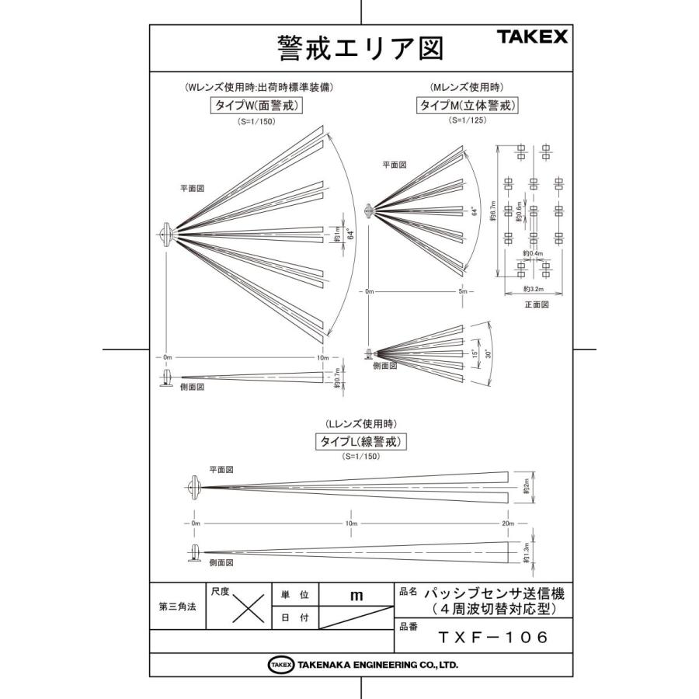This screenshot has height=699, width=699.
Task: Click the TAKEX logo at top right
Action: coord(532,36)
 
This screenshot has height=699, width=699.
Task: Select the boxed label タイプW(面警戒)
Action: coord(256,106)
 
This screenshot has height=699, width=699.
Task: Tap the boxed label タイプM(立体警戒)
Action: coord(468,106)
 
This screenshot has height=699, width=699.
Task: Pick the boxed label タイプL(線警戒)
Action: coord(362,441)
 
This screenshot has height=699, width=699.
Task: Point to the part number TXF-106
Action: coord(492,638)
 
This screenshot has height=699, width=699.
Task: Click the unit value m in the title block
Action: coord(356,596)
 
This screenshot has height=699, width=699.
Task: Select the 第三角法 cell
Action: coord(176,607)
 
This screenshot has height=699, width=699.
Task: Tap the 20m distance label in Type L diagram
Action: coord(508,523)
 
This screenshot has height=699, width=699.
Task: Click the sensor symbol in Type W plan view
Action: coord(167,233)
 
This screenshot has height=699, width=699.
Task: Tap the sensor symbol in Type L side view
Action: coord(194,553)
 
